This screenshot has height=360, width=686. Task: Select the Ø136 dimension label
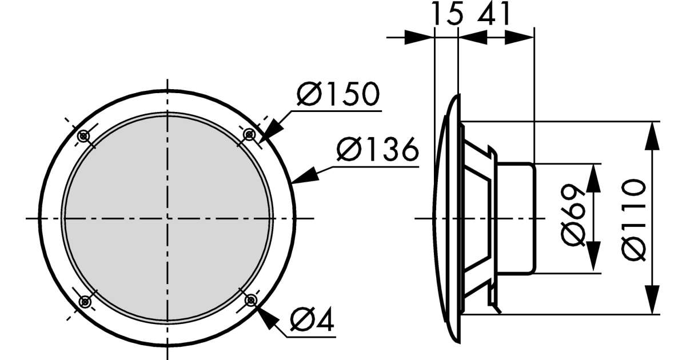(x=377, y=151)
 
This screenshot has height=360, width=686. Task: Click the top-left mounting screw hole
(x=84, y=136)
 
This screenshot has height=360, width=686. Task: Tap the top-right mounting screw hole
(x=249, y=134)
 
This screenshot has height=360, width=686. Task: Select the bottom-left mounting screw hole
(x=85, y=301)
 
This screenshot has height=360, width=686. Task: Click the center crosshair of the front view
(x=167, y=218)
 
